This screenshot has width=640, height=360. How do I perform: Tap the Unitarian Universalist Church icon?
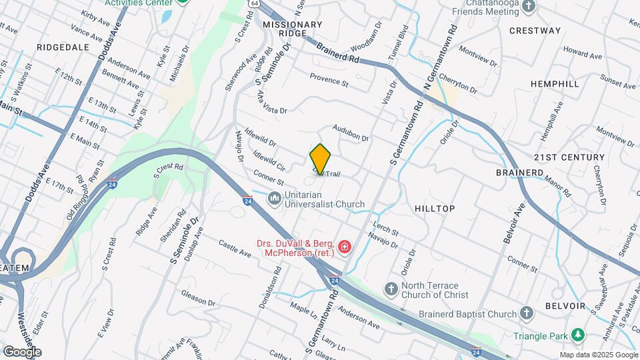click(x=274, y=198)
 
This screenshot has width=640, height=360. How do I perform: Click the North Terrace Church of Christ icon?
click(x=391, y=289)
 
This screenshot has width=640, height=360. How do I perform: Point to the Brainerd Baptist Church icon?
click(x=527, y=313)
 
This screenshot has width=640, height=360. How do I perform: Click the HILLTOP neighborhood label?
click(x=435, y=209)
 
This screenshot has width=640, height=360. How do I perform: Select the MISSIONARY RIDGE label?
click(x=293, y=29)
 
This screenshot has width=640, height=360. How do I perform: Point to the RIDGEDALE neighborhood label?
click(x=63, y=47)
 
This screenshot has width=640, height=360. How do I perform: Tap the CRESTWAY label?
click(x=535, y=31)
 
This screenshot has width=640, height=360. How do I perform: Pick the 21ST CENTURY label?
click(x=569, y=157)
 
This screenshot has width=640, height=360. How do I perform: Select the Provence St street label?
click(x=329, y=80)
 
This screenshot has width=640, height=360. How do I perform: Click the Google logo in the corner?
click(x=22, y=351)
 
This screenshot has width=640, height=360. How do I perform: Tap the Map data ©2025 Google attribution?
click(x=598, y=355)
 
